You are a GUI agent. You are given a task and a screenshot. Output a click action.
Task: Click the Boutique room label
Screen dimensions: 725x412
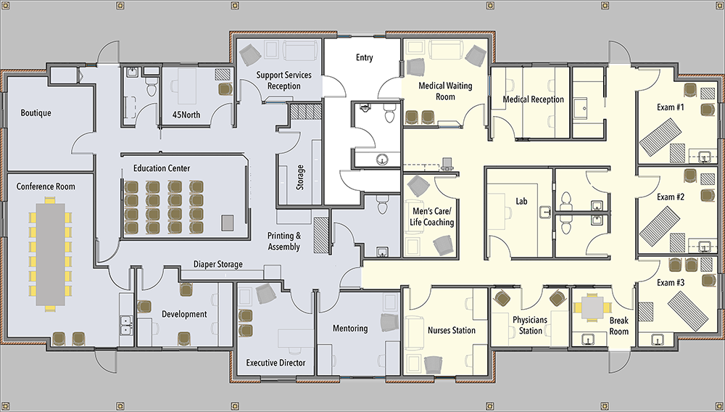point(36,113)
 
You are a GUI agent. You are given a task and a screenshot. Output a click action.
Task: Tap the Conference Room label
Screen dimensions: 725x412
point(46,186)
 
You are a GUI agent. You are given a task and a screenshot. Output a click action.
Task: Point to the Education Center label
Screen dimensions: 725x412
point(162,168)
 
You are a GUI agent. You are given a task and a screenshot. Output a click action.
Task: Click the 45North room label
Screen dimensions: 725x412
point(186,114)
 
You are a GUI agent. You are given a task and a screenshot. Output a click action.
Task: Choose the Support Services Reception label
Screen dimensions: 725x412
point(284,81)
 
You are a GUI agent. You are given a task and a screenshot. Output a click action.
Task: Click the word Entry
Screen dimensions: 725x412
point(365,58)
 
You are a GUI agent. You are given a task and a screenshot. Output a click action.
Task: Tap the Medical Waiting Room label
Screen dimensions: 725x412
point(445,91)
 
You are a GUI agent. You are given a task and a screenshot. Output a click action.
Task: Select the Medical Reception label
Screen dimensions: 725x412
point(533,99)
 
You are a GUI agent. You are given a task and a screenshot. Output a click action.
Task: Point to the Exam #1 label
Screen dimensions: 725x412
point(671,107)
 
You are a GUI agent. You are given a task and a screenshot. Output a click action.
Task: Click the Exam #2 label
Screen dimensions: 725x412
point(671,197)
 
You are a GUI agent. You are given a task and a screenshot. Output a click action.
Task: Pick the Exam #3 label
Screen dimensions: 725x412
point(671,283)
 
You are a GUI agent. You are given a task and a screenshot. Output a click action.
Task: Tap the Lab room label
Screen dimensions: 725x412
point(521,201)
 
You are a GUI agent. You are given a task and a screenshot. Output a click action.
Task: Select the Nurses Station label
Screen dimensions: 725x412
point(451,330)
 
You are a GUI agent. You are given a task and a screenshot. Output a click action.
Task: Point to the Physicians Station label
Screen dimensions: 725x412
point(531,325)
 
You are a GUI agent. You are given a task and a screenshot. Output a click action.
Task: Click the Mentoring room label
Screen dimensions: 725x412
point(350,329)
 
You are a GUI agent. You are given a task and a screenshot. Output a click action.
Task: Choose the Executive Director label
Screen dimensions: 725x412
point(275,363)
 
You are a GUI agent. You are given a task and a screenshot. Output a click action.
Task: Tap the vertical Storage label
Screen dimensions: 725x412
point(300,178)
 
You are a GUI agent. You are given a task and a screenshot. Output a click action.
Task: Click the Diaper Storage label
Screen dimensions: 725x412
point(217,265)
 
